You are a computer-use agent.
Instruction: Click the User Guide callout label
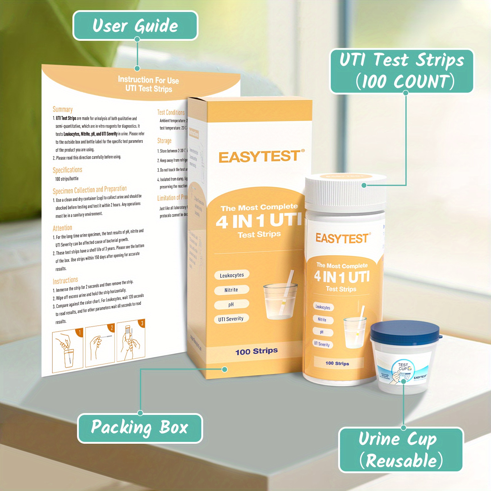coord(135,25)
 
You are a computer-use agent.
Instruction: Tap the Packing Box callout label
coord(140,428)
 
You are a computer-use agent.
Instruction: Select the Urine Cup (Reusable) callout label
coord(401,450)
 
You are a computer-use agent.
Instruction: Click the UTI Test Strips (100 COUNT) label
coord(402,71)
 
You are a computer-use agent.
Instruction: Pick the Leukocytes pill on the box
coord(232,275)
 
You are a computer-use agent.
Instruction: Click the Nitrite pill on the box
coord(231,290)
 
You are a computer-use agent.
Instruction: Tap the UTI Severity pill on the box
coord(231,319)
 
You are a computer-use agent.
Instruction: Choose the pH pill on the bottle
coord(322,332)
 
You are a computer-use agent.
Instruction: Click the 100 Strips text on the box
coord(257,351)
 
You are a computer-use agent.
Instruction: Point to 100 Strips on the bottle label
coord(337,363)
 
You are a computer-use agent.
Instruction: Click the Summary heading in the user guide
coord(63,110)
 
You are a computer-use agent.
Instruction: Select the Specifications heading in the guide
coord(68,170)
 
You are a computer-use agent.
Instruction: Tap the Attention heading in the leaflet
coord(62,228)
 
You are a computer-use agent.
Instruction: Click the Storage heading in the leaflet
coord(164,141)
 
